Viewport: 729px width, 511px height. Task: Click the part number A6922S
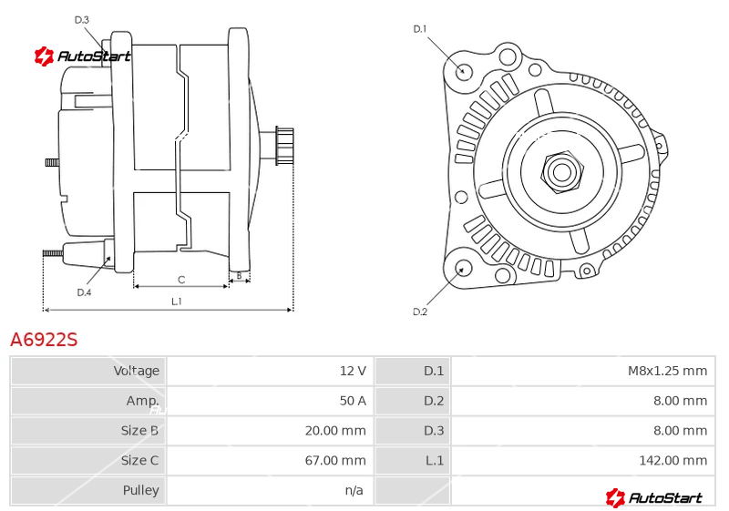[44, 340]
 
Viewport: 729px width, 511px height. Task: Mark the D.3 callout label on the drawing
[81, 19]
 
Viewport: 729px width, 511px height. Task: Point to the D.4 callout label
[84, 292]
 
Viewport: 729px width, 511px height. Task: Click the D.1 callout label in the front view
[420, 29]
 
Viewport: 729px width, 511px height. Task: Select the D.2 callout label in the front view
[420, 312]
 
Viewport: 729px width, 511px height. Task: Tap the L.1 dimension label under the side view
[177, 301]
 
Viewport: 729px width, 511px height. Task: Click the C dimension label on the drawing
[180, 279]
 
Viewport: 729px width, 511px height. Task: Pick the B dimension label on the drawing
[239, 275]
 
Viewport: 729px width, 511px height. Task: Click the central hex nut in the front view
[560, 170]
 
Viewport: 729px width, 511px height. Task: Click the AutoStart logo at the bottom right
[654, 497]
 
